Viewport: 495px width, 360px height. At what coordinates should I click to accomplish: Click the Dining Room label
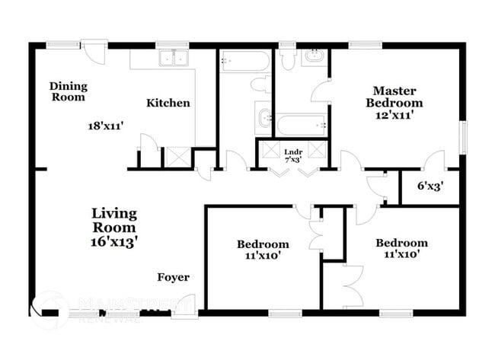click(x=68, y=91)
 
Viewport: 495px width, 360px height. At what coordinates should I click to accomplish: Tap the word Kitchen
click(x=168, y=103)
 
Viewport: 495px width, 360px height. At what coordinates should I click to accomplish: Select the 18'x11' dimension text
click(x=107, y=126)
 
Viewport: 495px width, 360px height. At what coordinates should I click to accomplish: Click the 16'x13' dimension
click(x=114, y=241)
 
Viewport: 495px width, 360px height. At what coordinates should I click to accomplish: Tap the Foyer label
click(x=174, y=277)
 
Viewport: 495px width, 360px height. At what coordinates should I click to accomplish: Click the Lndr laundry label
click(x=293, y=151)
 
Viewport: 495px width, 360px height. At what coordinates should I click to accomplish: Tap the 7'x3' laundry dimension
click(x=293, y=160)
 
